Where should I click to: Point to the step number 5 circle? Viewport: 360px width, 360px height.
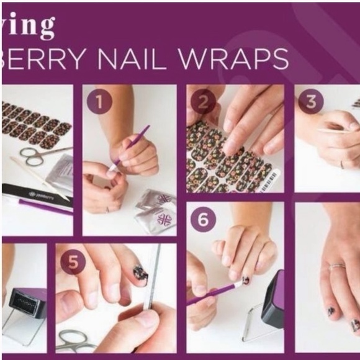pyautogui.click(x=73, y=263)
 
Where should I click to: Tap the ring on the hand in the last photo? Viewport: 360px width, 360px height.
pyautogui.click(x=337, y=266)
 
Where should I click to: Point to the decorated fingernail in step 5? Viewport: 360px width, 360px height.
pyautogui.click(x=139, y=273)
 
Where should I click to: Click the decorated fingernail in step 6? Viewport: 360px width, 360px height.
pyautogui.click(x=245, y=281)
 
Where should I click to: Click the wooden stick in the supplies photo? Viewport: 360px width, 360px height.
pyautogui.click(x=37, y=177)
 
